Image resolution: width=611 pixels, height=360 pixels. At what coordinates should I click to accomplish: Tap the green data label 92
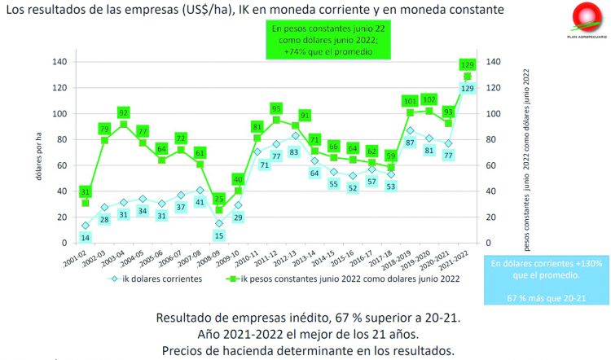[x=125, y=112]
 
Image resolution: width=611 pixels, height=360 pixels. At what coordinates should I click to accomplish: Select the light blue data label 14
[x=86, y=237]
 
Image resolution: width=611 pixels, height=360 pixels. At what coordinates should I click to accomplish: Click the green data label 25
[x=218, y=198]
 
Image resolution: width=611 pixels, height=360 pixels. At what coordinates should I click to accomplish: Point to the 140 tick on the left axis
[x=59, y=62]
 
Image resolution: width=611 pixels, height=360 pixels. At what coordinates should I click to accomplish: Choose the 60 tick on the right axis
[x=494, y=165]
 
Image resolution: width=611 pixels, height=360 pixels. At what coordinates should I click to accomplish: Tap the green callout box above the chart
[x=323, y=39]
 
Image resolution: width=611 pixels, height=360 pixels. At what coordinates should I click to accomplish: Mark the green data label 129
[x=468, y=64]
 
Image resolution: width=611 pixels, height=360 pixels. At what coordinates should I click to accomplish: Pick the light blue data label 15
[x=218, y=235]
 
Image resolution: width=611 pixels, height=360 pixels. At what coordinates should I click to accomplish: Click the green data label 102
[x=429, y=99]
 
